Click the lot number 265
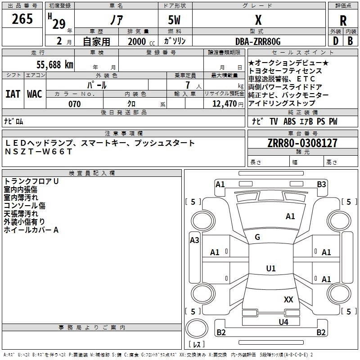point(22,19)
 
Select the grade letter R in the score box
point(343,20)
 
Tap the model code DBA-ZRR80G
point(258,41)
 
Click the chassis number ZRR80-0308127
point(302,144)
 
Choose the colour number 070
point(74,104)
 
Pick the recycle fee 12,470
point(224,104)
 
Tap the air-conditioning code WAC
point(35,94)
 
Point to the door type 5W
point(175,20)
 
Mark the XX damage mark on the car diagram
point(288,299)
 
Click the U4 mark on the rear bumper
point(283,322)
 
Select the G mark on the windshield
point(257,237)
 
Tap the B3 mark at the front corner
point(321,184)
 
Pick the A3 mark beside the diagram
point(194,240)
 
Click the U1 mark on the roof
point(270,269)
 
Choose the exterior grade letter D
point(335,41)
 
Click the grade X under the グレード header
point(258,20)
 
